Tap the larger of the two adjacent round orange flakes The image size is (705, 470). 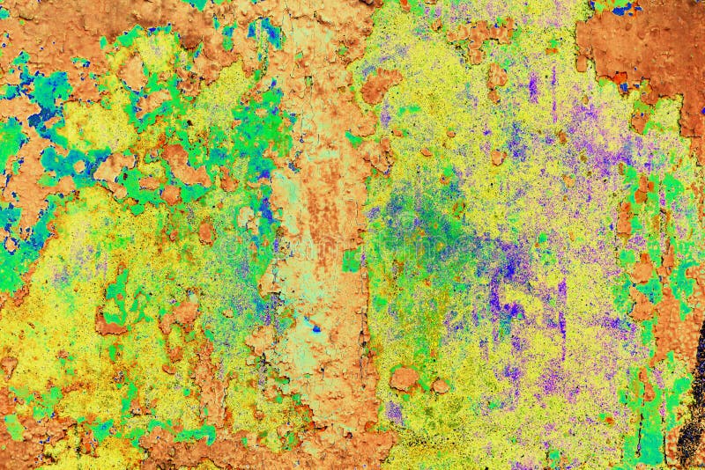pyautogui.click(x=404, y=378)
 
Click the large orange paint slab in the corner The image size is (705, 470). pyautogui.click(x=643, y=44)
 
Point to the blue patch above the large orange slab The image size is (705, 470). pyautogui.click(x=624, y=9)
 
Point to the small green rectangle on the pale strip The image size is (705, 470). pyautogui.click(x=352, y=261)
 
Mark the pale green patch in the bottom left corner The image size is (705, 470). pyautogui.click(x=14, y=428)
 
